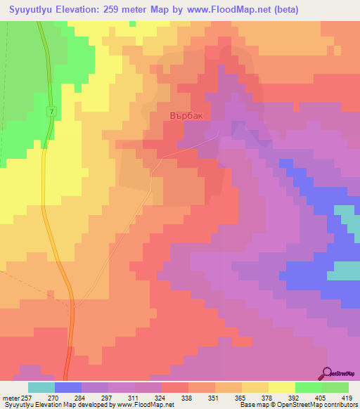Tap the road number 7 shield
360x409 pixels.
tap(51, 112)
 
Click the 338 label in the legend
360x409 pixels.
tap(187, 397)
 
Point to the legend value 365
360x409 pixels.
tap(241, 397)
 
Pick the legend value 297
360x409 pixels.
tap(108, 397)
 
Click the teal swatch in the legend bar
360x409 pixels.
tap(41, 387)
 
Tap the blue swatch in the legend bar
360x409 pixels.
tap(67, 387)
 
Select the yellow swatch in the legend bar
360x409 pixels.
tap(282, 387)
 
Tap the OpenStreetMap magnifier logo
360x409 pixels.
tap(326, 372)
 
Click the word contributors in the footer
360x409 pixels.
tap(338, 405)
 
